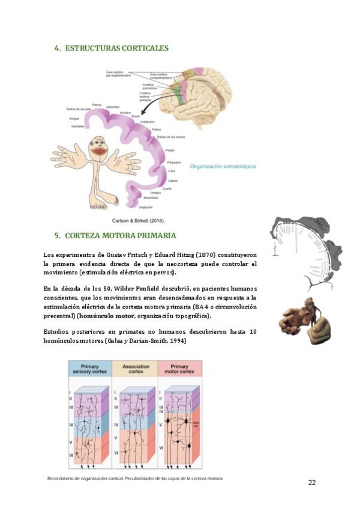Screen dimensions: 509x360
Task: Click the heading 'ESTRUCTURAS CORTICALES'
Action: (x=116, y=48)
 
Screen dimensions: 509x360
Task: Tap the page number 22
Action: (x=312, y=483)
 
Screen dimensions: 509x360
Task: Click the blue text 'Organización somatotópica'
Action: (x=222, y=166)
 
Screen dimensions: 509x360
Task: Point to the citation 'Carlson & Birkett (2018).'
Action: (x=139, y=220)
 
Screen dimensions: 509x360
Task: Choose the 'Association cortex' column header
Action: (x=135, y=368)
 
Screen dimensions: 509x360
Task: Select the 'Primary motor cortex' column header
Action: (x=179, y=368)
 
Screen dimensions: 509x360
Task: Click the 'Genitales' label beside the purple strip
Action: (x=77, y=127)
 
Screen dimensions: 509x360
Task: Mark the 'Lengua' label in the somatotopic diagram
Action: (x=155, y=192)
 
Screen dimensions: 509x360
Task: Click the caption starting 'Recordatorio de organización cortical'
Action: (x=135, y=478)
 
